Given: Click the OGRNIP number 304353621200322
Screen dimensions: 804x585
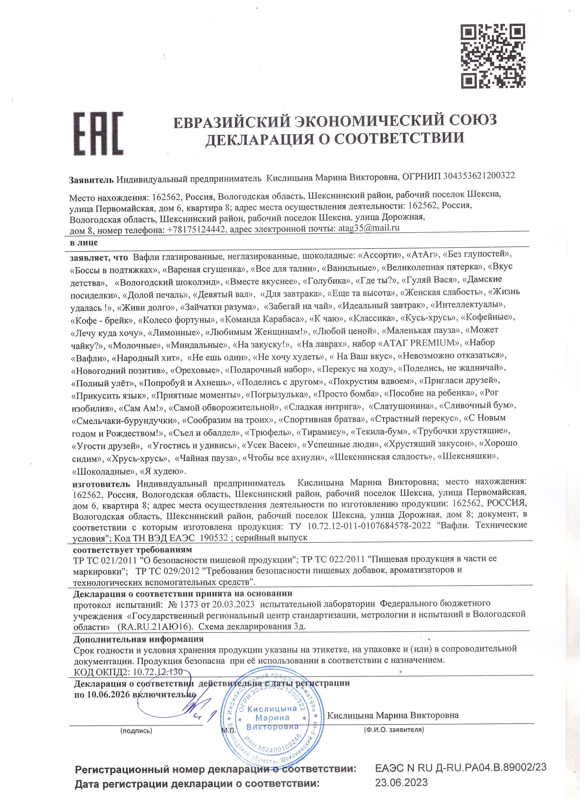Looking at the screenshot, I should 479,176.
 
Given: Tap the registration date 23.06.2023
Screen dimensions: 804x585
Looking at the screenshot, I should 402,780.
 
